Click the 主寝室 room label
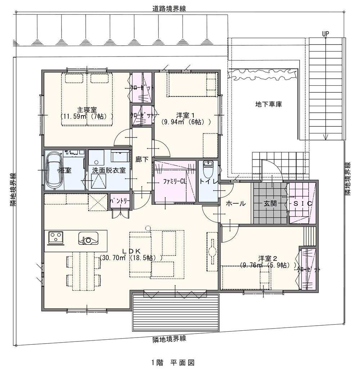(87, 110)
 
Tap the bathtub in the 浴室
(54, 170)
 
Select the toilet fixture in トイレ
(208, 169)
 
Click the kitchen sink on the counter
(88, 238)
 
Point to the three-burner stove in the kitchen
(56, 237)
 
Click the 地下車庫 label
(269, 104)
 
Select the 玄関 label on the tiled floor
(270, 203)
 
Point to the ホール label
(236, 203)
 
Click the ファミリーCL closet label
(175, 181)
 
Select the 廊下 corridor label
(142, 159)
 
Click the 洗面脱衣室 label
(109, 170)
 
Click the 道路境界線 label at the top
(169, 9)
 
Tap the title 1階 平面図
(173, 362)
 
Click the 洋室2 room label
(268, 258)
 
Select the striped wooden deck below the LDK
(175, 313)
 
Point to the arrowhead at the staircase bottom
(326, 137)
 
